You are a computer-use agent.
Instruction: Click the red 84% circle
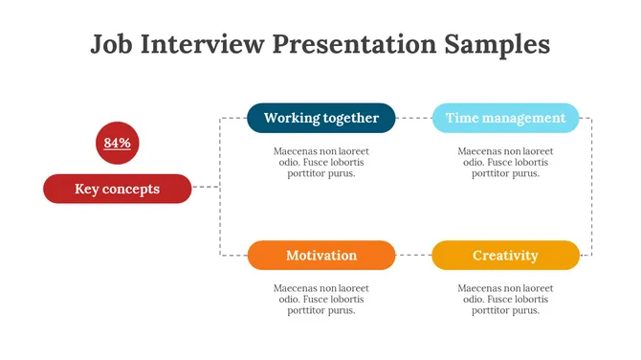(117, 143)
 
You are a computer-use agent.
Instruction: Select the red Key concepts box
(117, 189)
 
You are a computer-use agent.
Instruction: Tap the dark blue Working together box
(320, 118)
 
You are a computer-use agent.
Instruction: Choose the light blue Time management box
(505, 118)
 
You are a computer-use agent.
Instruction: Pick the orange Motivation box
(320, 256)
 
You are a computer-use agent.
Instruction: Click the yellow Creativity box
(505, 256)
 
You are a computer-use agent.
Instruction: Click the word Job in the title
(112, 45)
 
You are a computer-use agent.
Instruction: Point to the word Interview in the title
(203, 45)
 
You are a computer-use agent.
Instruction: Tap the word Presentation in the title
(354, 45)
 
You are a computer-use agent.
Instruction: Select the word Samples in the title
(497, 45)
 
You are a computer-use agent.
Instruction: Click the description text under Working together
(320, 162)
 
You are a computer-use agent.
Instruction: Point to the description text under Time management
(505, 162)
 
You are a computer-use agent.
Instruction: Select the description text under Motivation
(320, 299)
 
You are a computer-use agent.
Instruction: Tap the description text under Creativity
(505, 299)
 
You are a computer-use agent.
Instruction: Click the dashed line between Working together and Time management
(413, 118)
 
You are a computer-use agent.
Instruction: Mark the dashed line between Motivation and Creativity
(413, 256)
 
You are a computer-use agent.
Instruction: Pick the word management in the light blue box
(524, 118)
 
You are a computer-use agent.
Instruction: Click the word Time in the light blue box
(462, 118)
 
